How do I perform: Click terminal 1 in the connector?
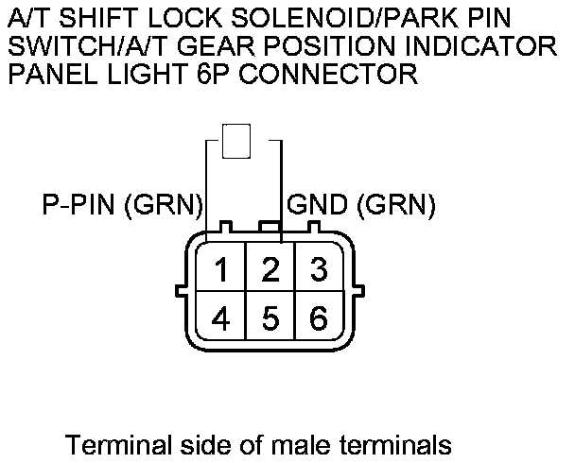click(221, 270)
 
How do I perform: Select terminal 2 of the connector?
click(270, 270)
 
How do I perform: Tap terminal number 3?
click(319, 270)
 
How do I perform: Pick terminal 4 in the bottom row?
click(221, 317)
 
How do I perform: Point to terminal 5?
click(270, 317)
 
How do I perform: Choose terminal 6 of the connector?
click(319, 317)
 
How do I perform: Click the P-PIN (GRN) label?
click(123, 204)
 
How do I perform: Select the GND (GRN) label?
click(361, 204)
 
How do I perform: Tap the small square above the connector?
click(235, 141)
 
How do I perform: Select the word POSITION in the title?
click(301, 47)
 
